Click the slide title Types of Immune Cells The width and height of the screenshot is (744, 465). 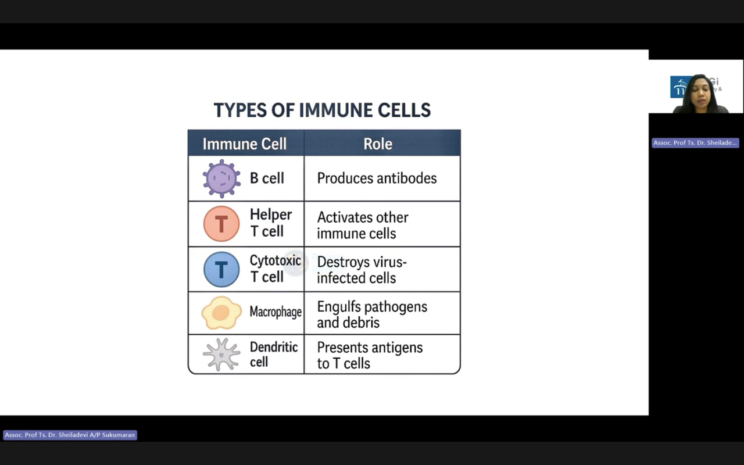tap(322, 110)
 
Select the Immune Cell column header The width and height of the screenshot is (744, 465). tap(245, 144)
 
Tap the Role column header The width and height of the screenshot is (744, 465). tap(378, 144)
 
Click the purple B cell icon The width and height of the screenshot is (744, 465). tap(221, 178)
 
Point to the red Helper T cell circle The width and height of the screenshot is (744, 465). tap(221, 224)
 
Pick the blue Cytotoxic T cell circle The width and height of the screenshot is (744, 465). tap(221, 269)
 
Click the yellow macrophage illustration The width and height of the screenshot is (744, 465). tap(221, 313)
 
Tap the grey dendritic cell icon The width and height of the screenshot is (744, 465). tap(221, 355)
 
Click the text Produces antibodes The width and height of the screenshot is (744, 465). tap(377, 178)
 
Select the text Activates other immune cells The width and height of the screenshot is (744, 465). tap(363, 225)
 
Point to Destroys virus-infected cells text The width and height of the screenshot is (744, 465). tap(362, 270)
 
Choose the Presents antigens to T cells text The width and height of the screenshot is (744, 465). tap(370, 355)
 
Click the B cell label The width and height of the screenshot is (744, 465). tap(267, 178)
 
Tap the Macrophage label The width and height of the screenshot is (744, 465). tap(276, 312)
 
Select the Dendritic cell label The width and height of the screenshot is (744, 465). tap(274, 354)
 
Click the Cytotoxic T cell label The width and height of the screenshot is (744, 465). tap(276, 269)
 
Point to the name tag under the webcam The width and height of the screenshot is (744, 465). tap(695, 143)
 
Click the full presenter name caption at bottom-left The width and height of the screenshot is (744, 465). tap(70, 435)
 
